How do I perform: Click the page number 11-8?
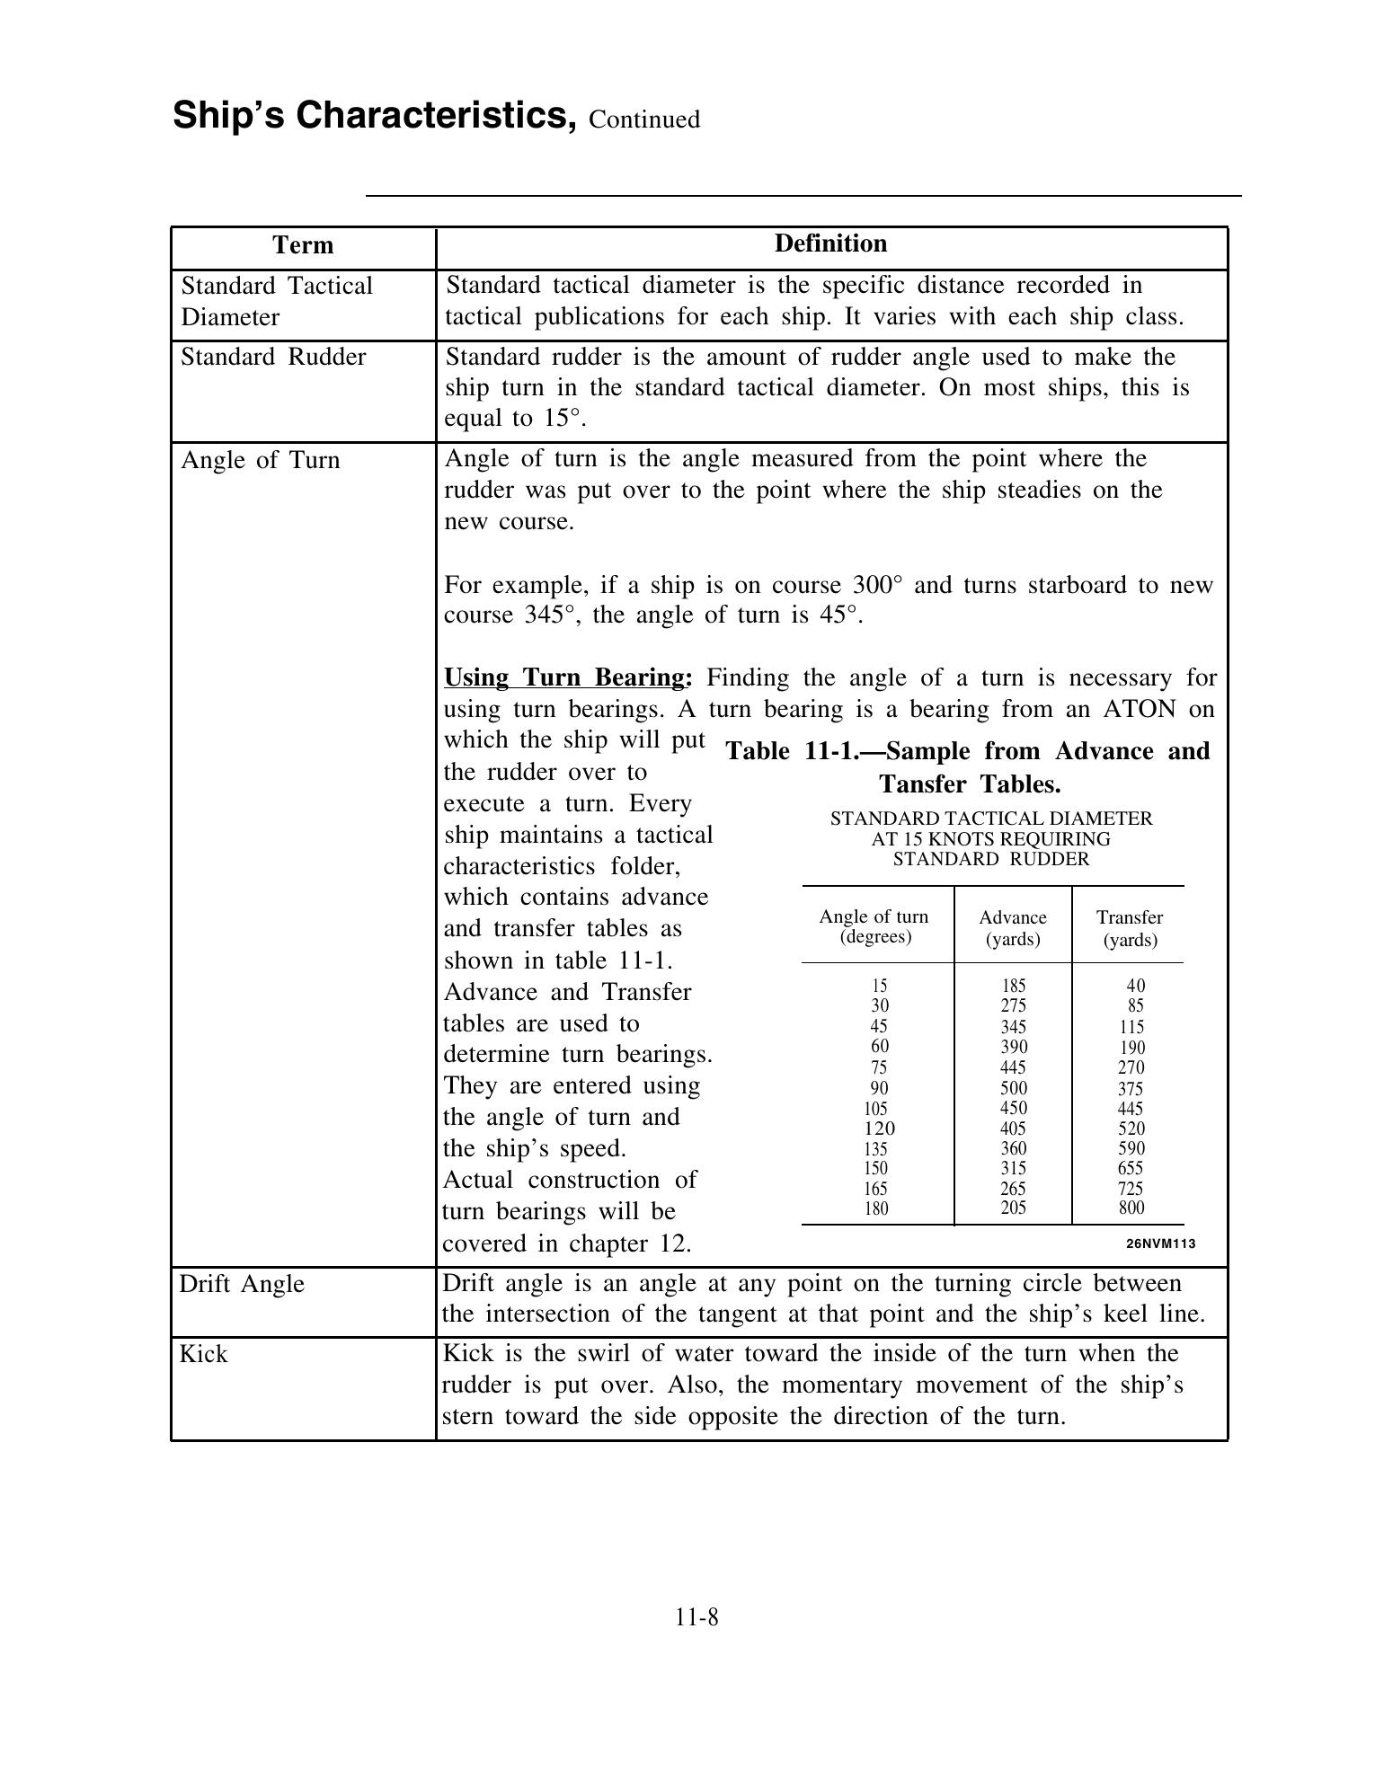click(x=697, y=1617)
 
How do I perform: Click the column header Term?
click(x=303, y=245)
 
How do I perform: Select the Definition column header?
click(x=830, y=243)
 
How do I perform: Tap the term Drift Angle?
click(x=242, y=1284)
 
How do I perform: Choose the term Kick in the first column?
click(x=203, y=1354)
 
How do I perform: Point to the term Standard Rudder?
click(x=273, y=357)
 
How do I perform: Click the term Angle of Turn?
click(x=261, y=460)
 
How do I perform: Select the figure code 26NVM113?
click(x=1160, y=1244)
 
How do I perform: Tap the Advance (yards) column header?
click(x=1013, y=928)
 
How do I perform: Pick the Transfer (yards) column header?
click(x=1130, y=928)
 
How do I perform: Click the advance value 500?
click(x=1014, y=1088)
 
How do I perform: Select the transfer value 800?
click(x=1131, y=1208)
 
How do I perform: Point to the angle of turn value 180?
click(x=875, y=1208)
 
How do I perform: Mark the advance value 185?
click(x=1014, y=986)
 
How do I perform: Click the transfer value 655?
click(x=1131, y=1168)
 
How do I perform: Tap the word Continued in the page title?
click(x=644, y=119)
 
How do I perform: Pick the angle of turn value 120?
click(x=879, y=1128)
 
